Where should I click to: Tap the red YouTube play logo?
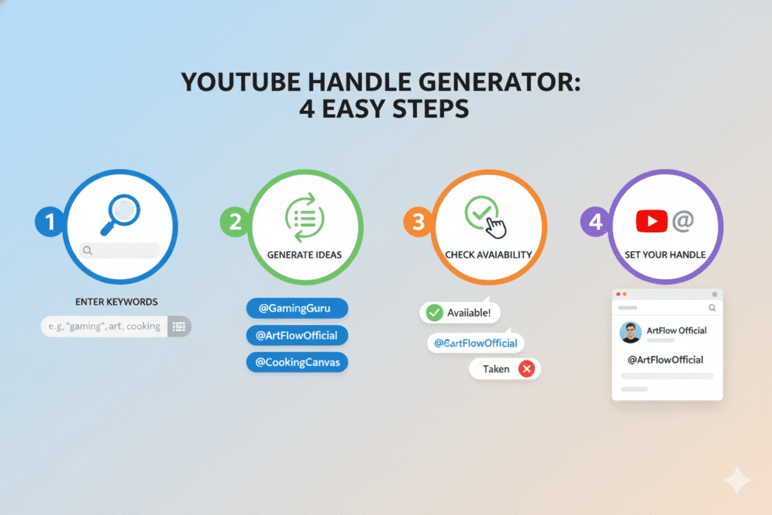651,221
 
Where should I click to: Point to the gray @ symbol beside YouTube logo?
683,220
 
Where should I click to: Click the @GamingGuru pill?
297,308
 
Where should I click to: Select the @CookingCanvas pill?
297,362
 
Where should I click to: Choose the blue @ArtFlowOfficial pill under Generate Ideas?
297,335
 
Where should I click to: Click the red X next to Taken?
527,369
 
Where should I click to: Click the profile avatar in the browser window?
630,332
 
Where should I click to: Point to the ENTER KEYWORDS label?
117,302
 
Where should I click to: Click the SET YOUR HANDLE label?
665,254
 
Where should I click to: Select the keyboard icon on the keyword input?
179,326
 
